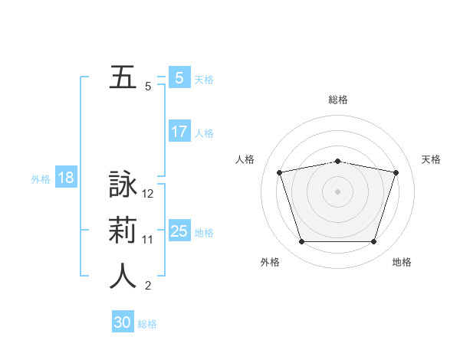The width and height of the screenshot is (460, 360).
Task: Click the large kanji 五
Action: click(123, 77)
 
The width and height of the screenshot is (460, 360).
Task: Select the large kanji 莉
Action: click(123, 231)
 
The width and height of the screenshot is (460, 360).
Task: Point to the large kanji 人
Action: click(123, 277)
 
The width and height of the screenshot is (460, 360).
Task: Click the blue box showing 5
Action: click(179, 77)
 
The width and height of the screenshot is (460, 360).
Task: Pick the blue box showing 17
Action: click(179, 132)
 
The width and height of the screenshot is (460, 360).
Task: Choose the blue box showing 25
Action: click(179, 231)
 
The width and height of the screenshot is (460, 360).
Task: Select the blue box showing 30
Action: click(123, 322)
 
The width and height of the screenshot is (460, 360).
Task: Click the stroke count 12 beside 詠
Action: click(148, 194)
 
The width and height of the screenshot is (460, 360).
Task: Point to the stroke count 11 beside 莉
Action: click(148, 240)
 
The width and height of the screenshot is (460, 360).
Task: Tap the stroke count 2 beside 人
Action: click(148, 286)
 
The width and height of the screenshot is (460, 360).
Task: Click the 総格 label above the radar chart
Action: click(338, 100)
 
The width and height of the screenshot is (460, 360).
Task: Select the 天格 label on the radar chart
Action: click(432, 159)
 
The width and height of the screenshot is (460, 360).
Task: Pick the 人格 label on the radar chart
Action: click(245, 159)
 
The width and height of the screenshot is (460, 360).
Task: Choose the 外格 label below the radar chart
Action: click(270, 262)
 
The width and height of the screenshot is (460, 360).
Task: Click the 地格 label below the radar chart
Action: click(402, 262)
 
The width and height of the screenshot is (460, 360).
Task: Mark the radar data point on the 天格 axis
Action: click(396, 172)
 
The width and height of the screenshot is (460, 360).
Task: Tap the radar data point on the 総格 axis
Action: click(338, 161)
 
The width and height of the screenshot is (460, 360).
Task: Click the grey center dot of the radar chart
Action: click(338, 191)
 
